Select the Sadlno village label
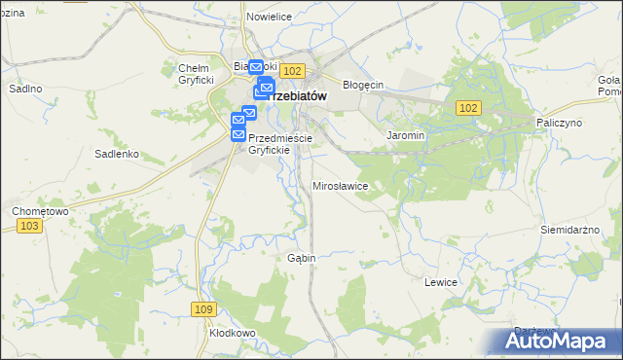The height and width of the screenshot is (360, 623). tap(25, 89)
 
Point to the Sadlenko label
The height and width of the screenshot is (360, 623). tap(117, 154)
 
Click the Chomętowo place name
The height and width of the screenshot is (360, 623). tap(39, 210)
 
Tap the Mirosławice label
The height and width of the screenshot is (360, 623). tap(340, 185)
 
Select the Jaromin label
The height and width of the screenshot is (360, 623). tap(405, 136)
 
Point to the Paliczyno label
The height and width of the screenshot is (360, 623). tap(559, 124)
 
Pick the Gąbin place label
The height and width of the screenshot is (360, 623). tap(300, 258)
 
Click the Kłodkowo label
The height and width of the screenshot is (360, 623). tap(232, 333)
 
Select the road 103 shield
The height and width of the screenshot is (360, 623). tap(29, 226)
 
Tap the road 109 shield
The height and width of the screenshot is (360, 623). tap(202, 309)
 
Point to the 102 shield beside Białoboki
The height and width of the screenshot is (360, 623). tap(294, 70)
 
